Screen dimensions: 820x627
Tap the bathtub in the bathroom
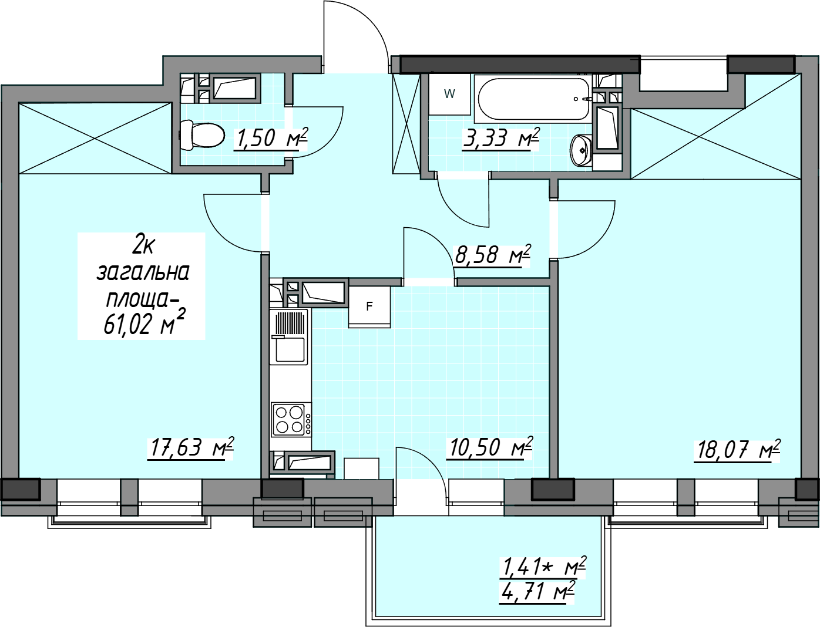pos(533,99)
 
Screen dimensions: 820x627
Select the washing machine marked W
pos(449,94)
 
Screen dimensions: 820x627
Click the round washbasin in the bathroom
pos(581,150)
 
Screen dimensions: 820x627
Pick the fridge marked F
pos(369,307)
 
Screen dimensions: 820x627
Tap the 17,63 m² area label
pos(190,448)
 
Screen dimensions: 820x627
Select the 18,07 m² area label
pos(737,450)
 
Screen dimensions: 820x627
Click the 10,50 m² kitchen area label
pos(490,447)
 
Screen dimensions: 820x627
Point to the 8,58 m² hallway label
pos(492,255)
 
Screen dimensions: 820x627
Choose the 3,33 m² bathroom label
pos(501,139)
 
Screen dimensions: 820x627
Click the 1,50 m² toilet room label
pos(270,139)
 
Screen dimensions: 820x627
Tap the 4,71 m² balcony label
pos(537,592)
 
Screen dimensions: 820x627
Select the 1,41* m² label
pos(543,567)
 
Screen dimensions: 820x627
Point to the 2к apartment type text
pos(142,247)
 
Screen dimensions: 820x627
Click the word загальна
pos(143,272)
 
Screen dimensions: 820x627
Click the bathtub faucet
pos(583,99)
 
